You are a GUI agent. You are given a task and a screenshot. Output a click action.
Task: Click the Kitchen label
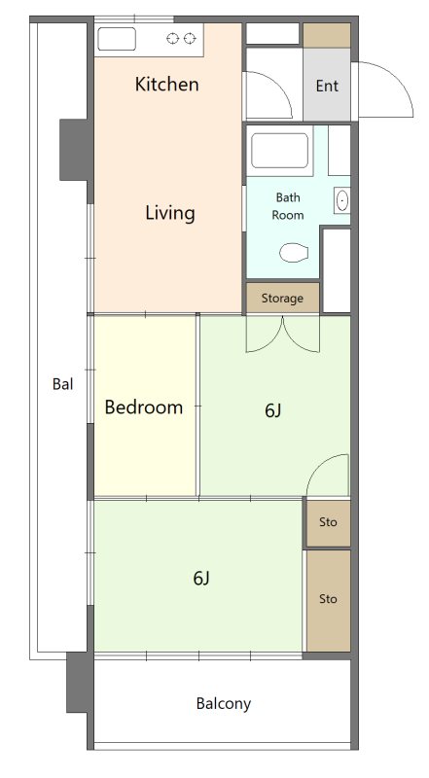coord(167,85)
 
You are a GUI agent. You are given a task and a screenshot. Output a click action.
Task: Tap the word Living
coord(170,213)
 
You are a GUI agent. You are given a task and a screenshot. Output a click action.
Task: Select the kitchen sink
coord(117,39)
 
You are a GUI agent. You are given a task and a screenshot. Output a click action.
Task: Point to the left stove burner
coord(173,38)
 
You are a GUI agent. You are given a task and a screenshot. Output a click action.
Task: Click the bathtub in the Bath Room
coord(279,151)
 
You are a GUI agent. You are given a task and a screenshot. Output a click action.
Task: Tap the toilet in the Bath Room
coord(294,252)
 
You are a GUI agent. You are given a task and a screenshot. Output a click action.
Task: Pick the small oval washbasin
coord(342,201)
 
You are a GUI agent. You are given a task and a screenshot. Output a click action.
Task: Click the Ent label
coord(327,86)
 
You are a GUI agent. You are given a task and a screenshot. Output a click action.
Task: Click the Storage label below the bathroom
coord(282,299)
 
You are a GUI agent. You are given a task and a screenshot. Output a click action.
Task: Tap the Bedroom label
coord(144,407)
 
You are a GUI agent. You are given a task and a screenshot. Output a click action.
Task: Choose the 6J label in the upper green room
coord(273,410)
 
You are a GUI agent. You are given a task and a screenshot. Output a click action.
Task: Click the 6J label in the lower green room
coord(201,578)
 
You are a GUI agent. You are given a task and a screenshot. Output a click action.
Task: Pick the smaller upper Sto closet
coord(328,522)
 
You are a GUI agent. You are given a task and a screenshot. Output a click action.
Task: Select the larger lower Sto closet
coord(328,600)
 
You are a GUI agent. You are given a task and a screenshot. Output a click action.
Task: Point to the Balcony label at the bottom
coord(224,703)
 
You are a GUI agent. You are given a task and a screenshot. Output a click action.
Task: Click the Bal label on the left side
coord(62,383)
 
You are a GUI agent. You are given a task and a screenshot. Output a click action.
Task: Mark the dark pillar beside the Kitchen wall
coord(76,150)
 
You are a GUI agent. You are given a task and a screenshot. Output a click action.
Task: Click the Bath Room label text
coord(288,206)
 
